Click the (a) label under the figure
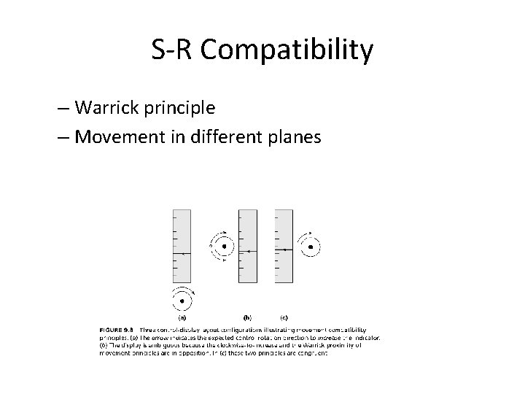point(182,317)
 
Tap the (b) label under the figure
point(248,317)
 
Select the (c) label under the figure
point(283,317)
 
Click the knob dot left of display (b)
point(224,247)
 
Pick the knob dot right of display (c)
point(311,247)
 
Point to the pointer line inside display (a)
point(182,252)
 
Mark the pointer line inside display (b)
point(249,250)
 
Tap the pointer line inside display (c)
point(284,249)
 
